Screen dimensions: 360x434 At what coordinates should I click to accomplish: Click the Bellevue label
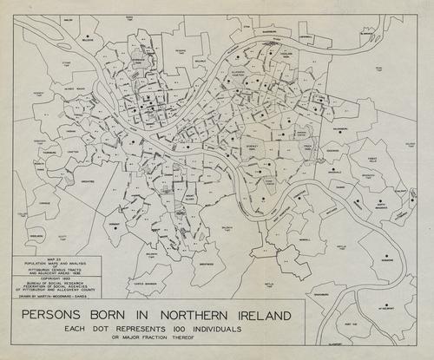(87, 41)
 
